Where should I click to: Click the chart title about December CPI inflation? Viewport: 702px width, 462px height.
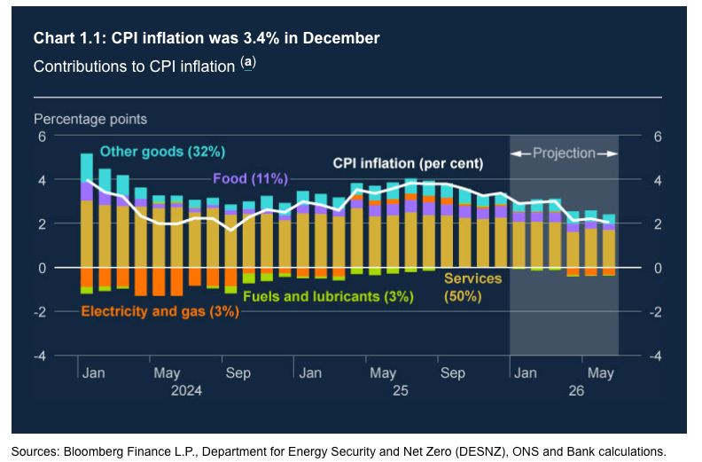point(207,39)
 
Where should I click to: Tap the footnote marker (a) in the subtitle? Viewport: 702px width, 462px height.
point(248,63)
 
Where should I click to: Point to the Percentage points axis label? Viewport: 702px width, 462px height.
point(90,119)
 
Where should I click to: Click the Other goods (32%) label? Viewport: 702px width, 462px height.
point(162,151)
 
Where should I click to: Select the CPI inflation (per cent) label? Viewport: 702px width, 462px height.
point(408,163)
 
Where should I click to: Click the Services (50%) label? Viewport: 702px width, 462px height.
point(472,288)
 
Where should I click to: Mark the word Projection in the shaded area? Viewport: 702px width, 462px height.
point(564,153)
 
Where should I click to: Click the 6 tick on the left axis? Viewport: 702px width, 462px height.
point(41,136)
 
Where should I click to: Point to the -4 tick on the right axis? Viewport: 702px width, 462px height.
point(654,356)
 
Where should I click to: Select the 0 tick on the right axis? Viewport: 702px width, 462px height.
point(657,268)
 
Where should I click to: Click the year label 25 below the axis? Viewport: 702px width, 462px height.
point(400,390)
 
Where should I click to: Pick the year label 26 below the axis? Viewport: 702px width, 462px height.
point(576,390)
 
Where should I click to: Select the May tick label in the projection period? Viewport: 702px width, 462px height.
point(601,373)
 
